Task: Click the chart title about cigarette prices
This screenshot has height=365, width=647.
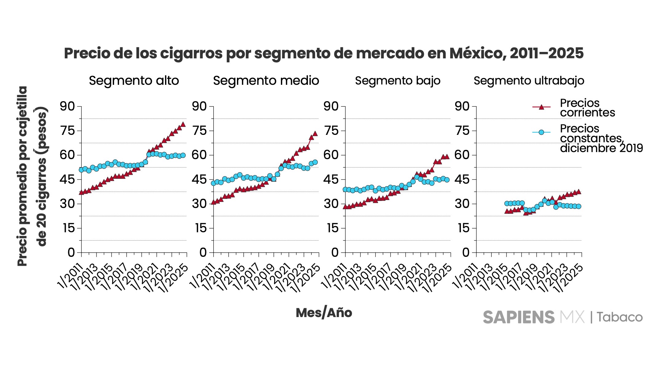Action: pyautogui.click(x=323, y=53)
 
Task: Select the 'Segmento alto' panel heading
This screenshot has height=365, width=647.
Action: pyautogui.click(x=134, y=81)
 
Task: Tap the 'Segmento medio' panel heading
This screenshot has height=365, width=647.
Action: pyautogui.click(x=266, y=81)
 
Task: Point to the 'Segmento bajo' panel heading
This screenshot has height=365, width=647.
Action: pyautogui.click(x=397, y=81)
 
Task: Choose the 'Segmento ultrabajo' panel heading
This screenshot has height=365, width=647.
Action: pyautogui.click(x=529, y=81)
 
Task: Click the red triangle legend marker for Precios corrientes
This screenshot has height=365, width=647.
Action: pyautogui.click(x=541, y=107)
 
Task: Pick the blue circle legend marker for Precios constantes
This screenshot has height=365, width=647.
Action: pyautogui.click(x=541, y=132)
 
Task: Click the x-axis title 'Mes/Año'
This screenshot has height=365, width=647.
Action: pyautogui.click(x=324, y=313)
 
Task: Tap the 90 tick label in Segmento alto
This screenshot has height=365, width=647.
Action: pyautogui.click(x=67, y=106)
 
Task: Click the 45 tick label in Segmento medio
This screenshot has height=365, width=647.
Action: pyautogui.click(x=199, y=179)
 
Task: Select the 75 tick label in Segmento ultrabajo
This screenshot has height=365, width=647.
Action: pyautogui.click(x=462, y=131)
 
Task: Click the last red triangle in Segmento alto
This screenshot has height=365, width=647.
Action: pyautogui.click(x=183, y=124)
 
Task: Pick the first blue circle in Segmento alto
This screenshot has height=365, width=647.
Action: pyautogui.click(x=81, y=170)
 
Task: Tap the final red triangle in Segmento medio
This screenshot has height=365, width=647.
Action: pyautogui.click(x=315, y=134)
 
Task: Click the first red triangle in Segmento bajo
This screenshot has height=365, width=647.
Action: pyautogui.click(x=345, y=206)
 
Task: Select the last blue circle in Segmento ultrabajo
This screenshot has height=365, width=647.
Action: pyautogui.click(x=578, y=206)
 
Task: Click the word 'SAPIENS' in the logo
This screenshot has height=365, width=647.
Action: pyautogui.click(x=519, y=317)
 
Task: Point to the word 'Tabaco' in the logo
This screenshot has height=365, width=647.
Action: pyautogui.click(x=620, y=317)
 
